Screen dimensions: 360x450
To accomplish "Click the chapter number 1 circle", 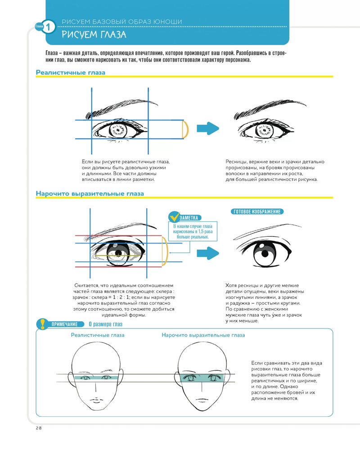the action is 48,27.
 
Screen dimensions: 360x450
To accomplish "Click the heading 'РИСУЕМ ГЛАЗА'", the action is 94,35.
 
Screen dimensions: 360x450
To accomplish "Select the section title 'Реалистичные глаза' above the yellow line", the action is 70,72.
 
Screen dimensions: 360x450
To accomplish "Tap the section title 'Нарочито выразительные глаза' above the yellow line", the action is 90,193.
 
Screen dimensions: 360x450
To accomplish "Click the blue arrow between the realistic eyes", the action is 208,128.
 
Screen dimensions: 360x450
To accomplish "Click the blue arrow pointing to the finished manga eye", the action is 208,253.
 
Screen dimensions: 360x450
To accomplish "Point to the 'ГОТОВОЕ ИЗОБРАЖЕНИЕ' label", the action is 257,211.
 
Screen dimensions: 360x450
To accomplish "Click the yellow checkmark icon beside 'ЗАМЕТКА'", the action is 174,217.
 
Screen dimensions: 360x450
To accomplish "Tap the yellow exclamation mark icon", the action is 42,324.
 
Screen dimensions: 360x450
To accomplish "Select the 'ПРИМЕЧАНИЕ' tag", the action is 65,324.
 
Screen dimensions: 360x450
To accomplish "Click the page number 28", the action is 39,428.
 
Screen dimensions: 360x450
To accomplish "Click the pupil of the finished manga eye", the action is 265,253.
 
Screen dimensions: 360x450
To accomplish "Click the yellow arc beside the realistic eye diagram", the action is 185,130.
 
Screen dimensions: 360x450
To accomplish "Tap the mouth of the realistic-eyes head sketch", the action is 95,400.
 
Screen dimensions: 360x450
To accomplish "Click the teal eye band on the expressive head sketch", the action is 202,378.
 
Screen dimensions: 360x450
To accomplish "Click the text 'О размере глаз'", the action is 105,324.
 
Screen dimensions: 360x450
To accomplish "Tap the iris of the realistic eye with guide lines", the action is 118,131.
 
